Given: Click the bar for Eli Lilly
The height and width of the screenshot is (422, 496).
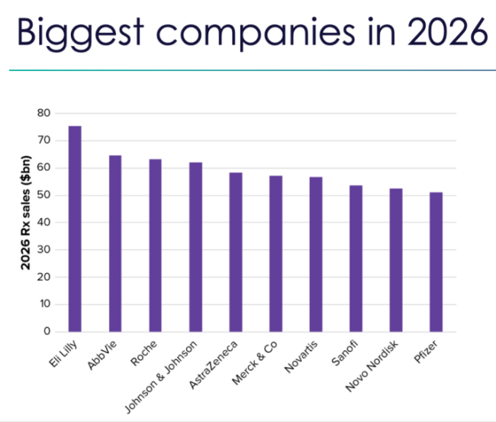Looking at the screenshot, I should [x=75, y=229].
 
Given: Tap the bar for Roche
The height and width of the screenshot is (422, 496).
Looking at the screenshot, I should [x=156, y=245].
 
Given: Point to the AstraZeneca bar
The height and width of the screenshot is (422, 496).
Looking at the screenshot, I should [x=236, y=252].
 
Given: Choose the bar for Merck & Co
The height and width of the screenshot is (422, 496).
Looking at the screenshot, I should [x=275, y=253].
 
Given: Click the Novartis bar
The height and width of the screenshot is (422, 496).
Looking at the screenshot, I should [x=316, y=254].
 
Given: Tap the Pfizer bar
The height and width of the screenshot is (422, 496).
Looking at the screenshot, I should [x=436, y=261].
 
